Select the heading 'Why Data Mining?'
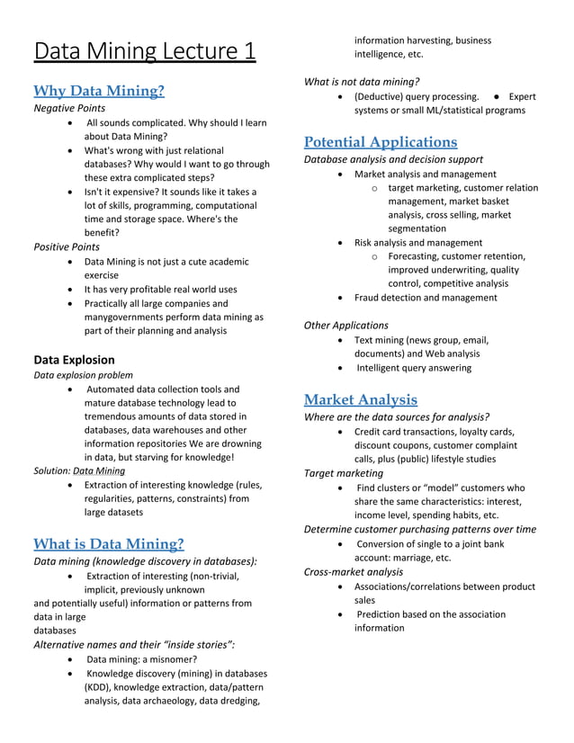pyautogui.click(x=99, y=91)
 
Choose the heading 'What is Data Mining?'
pyautogui.click(x=109, y=543)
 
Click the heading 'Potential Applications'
pyautogui.click(x=381, y=142)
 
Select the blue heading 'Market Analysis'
pyautogui.click(x=361, y=399)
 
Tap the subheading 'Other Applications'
pyautogui.click(x=346, y=325)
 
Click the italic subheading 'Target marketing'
pyautogui.click(x=344, y=472)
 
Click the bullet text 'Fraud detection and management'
pyautogui.click(x=426, y=297)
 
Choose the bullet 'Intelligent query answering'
pyautogui.click(x=414, y=368)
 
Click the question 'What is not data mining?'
pyautogui.click(x=362, y=81)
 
